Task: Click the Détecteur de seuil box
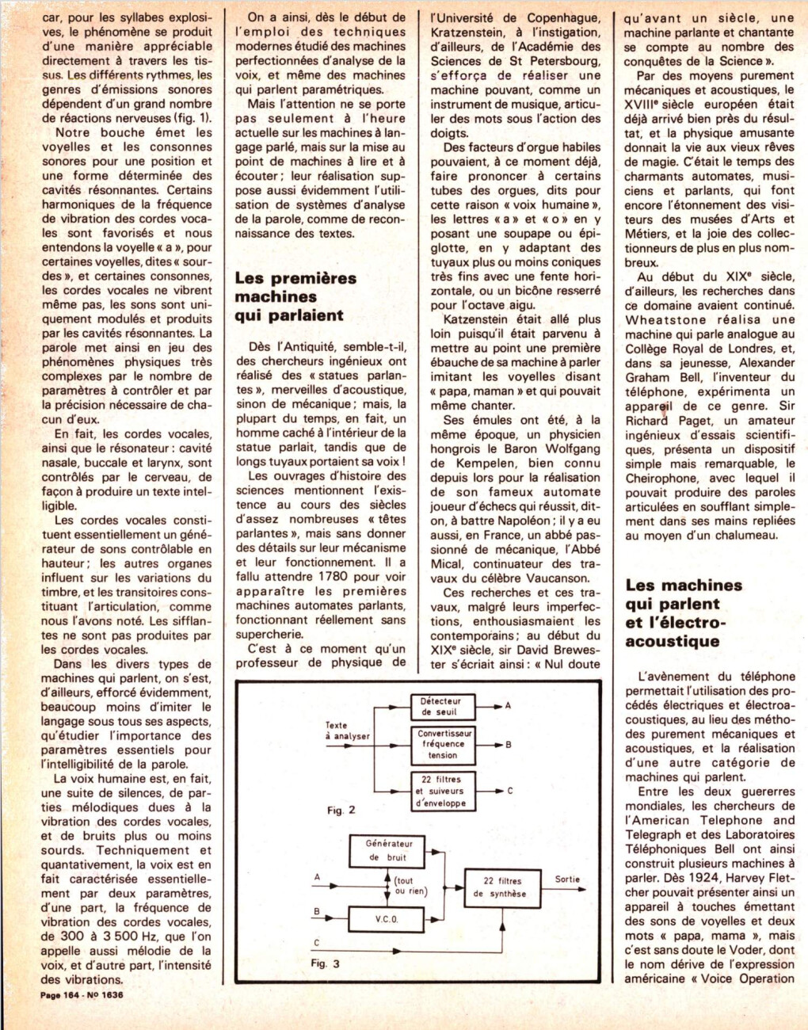click(440, 707)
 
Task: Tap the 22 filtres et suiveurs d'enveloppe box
click(440, 791)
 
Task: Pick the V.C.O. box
click(387, 919)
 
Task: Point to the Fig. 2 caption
click(341, 810)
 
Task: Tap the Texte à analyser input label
click(347, 731)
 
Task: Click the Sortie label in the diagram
click(567, 879)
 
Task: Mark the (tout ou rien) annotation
click(410, 886)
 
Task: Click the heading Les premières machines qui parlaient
click(295, 296)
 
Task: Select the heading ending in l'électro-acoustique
click(684, 613)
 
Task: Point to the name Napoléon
click(525, 521)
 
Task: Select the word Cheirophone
click(661, 478)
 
